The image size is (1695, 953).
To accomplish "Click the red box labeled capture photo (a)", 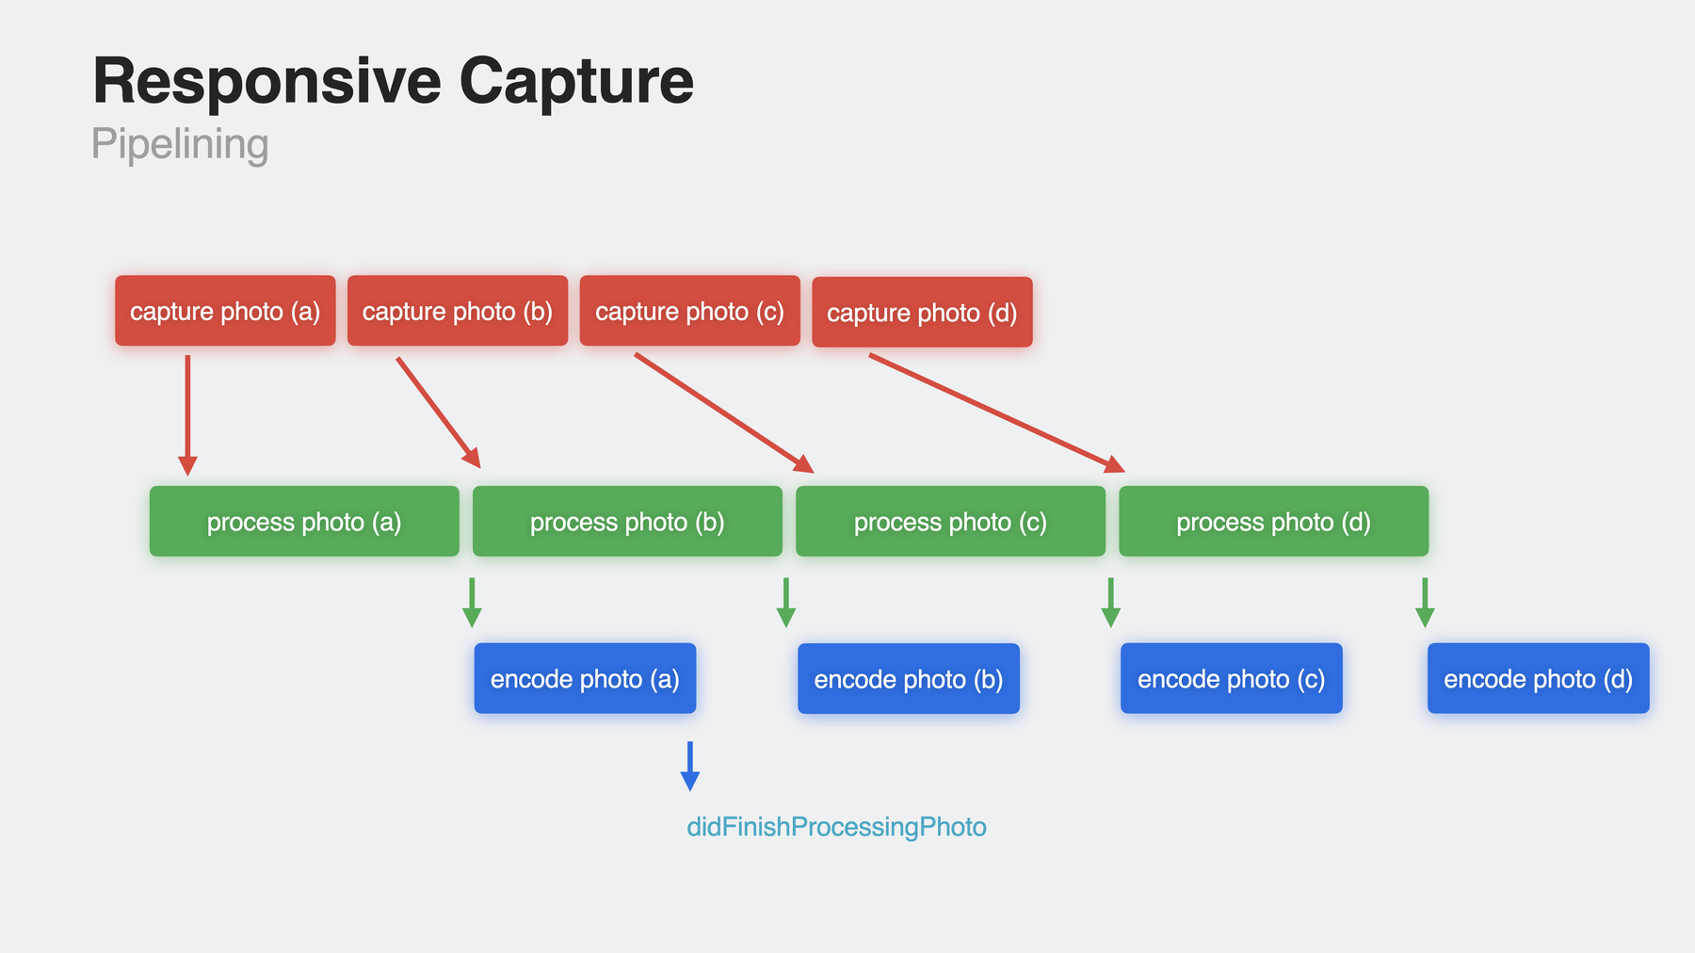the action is (225, 311).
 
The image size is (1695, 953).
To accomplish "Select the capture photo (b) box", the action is (458, 311).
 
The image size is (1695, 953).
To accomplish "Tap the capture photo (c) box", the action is (690, 311).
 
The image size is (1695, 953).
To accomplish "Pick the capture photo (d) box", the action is (922, 312).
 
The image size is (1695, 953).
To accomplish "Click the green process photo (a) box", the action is (304, 521).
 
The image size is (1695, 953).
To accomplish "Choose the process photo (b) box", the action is (627, 521).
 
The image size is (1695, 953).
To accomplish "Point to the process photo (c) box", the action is (950, 521).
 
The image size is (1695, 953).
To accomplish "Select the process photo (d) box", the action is (1273, 521).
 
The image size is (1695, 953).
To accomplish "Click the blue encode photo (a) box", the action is (585, 678).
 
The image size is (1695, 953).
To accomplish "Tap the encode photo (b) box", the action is (909, 678).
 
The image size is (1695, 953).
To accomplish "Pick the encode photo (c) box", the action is (1232, 678).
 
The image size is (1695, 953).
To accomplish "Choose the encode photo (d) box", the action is (1539, 678).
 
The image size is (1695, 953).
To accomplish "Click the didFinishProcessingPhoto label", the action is (836, 827).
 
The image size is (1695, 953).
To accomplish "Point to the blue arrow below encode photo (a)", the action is (690, 766).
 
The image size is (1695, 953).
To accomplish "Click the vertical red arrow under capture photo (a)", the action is (187, 415).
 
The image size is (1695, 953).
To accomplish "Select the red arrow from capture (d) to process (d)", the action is (997, 412).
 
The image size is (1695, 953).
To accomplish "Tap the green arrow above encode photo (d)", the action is (1425, 603).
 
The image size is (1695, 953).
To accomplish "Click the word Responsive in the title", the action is (266, 81).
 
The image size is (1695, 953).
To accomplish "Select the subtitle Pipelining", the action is (180, 145).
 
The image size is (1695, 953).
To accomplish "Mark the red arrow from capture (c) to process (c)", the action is (724, 412).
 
